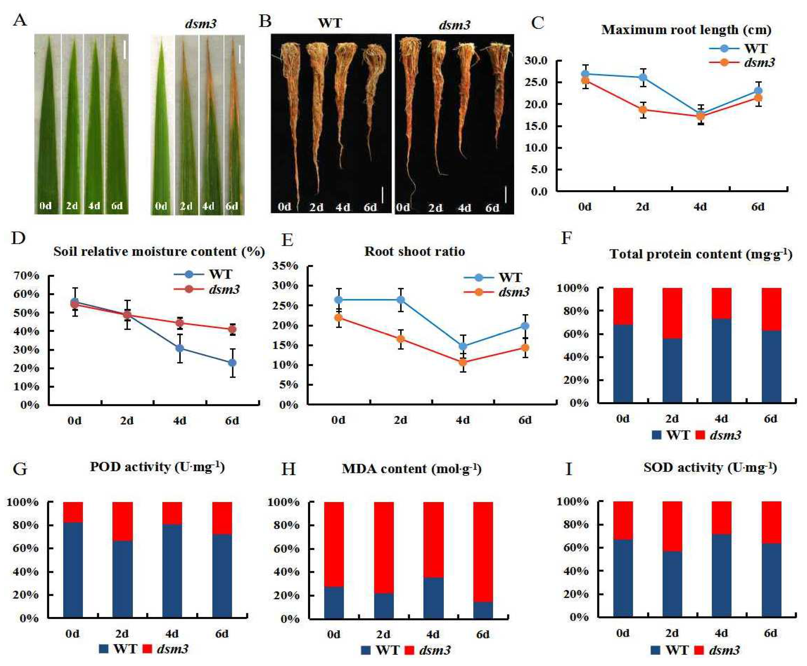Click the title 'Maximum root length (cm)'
pyautogui.click(x=686, y=30)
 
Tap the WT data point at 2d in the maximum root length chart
pyautogui.click(x=642, y=77)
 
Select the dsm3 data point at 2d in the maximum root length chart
pyautogui.click(x=642, y=110)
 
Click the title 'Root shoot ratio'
pyautogui.click(x=414, y=252)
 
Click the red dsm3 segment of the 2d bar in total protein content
pyautogui.click(x=672, y=313)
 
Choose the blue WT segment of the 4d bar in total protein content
pyautogui.click(x=721, y=361)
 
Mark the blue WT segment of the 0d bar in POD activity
pyautogui.click(x=73, y=570)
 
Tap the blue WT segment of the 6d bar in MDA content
pyautogui.click(x=483, y=610)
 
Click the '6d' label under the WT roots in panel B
pyautogui.click(x=370, y=208)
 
